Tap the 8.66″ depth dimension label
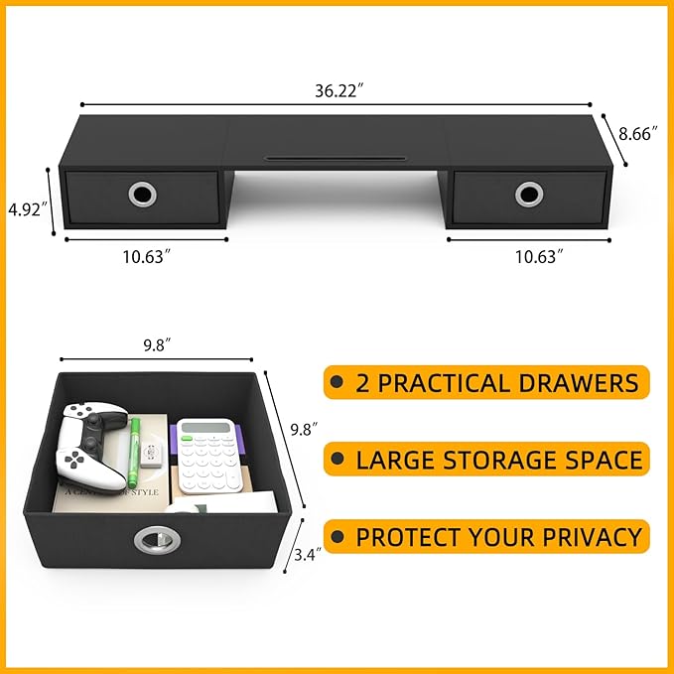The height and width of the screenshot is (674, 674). pos(640,134)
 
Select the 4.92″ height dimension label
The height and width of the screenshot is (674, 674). pos(26,209)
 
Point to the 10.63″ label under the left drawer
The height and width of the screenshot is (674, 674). pos(147,256)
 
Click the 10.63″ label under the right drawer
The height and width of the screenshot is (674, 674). pos(539,256)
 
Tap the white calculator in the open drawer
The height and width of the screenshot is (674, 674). pos(207,452)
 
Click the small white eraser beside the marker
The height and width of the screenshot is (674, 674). pos(152,457)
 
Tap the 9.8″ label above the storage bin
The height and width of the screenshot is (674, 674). pos(156,344)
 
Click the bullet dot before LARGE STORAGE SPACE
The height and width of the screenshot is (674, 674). pos(337,460)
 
